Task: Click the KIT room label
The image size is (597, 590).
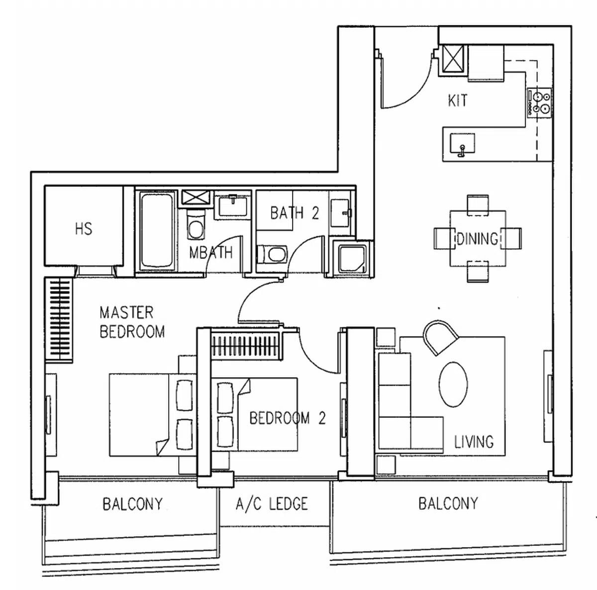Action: coord(458,100)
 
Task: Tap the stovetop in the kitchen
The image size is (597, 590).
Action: coord(539,102)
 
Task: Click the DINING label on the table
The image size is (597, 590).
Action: coord(478,239)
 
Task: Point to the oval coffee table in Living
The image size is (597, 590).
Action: coord(453,384)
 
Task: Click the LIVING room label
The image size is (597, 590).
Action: coord(474,442)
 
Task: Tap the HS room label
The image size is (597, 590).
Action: coord(84,229)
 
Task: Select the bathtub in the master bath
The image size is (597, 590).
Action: coord(156,230)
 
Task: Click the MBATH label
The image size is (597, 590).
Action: coord(211,253)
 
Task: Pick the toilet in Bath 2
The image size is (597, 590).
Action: coord(272,254)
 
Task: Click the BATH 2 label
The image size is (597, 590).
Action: coord(295,213)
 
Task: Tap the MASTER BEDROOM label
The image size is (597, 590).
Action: coord(132,322)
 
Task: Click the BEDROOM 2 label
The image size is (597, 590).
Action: coord(288,418)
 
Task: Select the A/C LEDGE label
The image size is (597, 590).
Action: coord(272,503)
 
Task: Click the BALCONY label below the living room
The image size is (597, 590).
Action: coord(448,503)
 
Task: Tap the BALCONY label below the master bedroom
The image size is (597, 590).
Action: coord(133,504)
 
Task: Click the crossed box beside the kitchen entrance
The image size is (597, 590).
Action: coord(453,59)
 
